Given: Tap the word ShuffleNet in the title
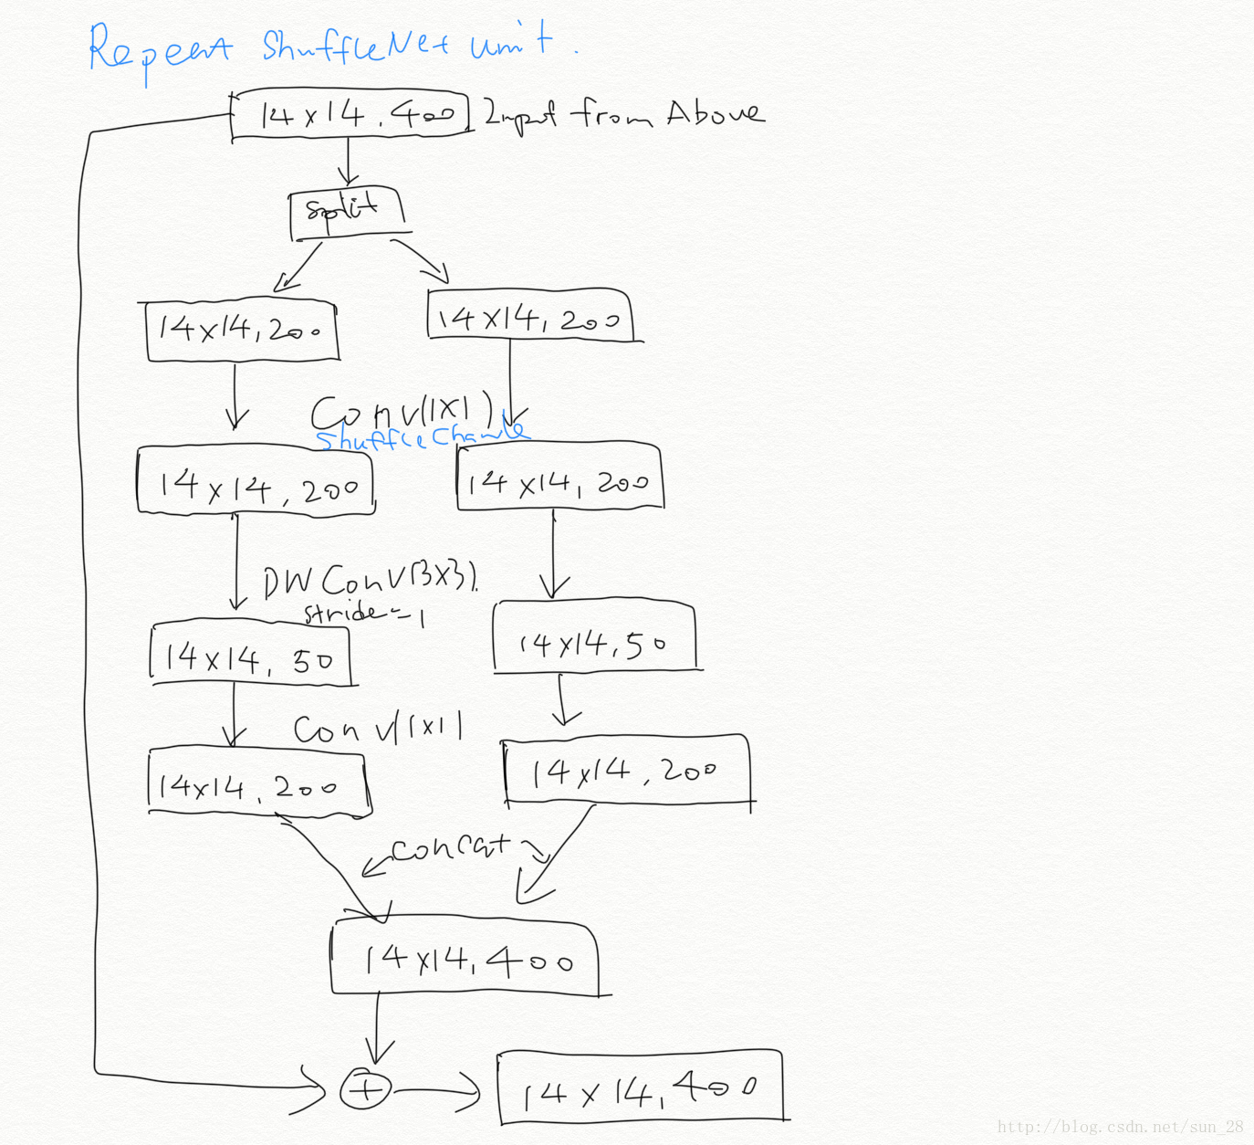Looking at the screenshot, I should pyautogui.click(x=356, y=46).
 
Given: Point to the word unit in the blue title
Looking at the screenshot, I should pyautogui.click(x=511, y=42).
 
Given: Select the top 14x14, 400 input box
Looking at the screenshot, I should pyautogui.click(x=350, y=115).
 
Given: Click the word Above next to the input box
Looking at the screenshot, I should pyautogui.click(x=715, y=113).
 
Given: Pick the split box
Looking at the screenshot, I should pyautogui.click(x=345, y=212).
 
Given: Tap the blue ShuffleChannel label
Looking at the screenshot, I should pyautogui.click(x=420, y=436).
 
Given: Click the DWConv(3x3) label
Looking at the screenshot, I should pyautogui.click(x=370, y=579).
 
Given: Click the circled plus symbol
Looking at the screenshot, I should pyautogui.click(x=365, y=1088).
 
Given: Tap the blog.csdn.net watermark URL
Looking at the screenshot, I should pyautogui.click(x=1120, y=1127).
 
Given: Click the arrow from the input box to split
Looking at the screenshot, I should pyautogui.click(x=347, y=163).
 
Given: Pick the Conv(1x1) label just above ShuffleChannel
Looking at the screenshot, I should pyautogui.click(x=402, y=411).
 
